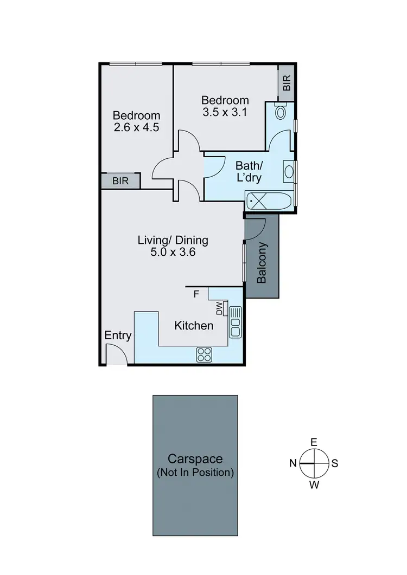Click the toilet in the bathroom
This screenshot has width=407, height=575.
click(281, 112)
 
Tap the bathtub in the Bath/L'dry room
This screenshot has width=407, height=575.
click(269, 202)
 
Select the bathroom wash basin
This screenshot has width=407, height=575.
click(288, 172)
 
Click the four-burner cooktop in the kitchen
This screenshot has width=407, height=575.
click(205, 354)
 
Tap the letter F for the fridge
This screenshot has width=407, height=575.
click(196, 294)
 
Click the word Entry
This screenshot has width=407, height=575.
click(118, 335)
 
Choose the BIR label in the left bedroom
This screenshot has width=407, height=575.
click(120, 181)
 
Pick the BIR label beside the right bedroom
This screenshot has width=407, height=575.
click(287, 83)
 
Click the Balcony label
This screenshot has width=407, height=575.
click(262, 263)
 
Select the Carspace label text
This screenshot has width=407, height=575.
click(195, 459)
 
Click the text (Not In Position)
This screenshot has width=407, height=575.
click(195, 473)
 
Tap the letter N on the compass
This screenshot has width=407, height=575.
click(292, 463)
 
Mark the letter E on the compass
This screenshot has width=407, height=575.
click(314, 442)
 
